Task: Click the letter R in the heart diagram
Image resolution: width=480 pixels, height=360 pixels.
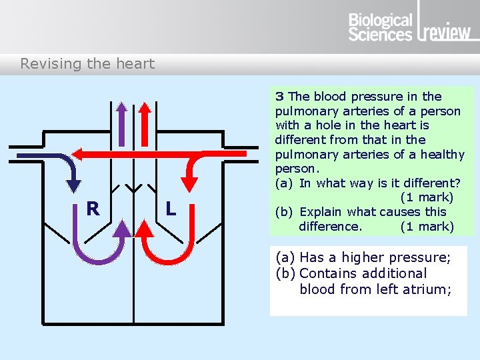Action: pyautogui.click(x=93, y=209)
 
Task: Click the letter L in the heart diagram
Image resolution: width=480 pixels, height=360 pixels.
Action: pyautogui.click(x=171, y=209)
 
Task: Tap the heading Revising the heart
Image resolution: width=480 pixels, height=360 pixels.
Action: pyautogui.click(x=87, y=64)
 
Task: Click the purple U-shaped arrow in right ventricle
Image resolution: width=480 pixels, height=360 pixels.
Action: pyautogui.click(x=100, y=247)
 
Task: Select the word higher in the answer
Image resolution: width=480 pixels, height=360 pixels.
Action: pyautogui.click(x=360, y=257)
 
